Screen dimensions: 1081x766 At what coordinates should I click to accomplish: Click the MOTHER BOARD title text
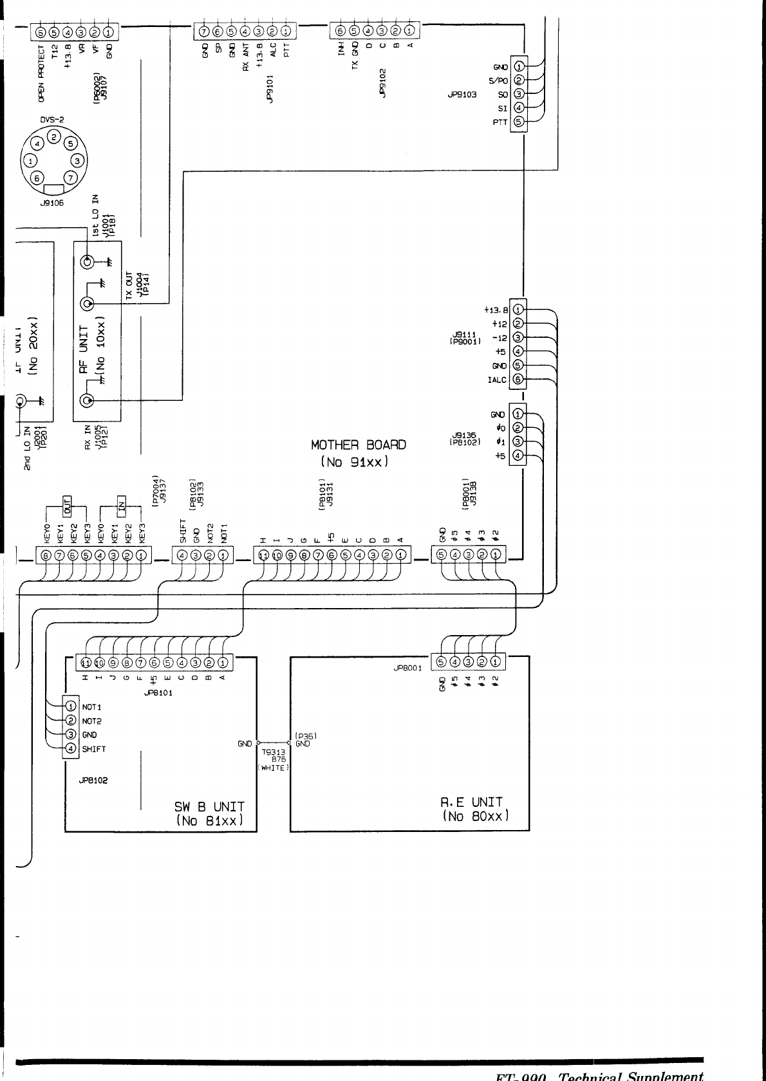[359, 445]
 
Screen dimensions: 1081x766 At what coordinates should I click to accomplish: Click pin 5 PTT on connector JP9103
[519, 122]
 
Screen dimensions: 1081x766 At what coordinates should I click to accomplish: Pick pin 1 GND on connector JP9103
[519, 66]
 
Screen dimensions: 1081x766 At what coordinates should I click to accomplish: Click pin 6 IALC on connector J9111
[518, 380]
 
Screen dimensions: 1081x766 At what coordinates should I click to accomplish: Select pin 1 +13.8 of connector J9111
[518, 310]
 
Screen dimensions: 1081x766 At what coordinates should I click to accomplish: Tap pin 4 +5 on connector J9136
[518, 456]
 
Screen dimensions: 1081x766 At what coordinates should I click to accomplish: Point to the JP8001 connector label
[407, 668]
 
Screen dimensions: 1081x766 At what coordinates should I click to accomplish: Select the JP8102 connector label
[93, 780]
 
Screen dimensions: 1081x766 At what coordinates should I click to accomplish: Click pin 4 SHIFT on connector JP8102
[71, 748]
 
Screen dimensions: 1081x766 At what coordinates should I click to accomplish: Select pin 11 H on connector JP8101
[86, 662]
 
